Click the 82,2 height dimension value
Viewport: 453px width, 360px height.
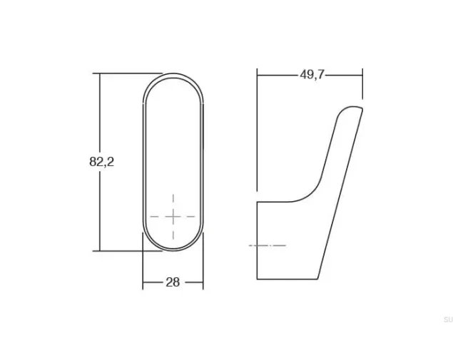(x=102, y=162)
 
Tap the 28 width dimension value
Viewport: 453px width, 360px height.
(x=173, y=282)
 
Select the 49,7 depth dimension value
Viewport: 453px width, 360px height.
(x=312, y=75)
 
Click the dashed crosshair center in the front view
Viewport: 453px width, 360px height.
(x=173, y=216)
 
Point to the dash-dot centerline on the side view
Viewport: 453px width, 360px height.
(x=268, y=245)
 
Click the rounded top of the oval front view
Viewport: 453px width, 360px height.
(x=173, y=74)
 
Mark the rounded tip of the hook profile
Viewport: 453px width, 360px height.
(x=351, y=107)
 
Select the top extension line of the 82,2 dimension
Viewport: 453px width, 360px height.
(x=127, y=73)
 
